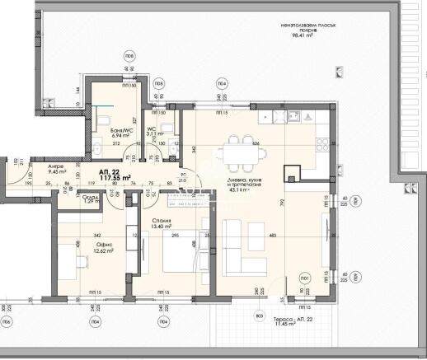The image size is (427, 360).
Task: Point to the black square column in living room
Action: click(x=291, y=174)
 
